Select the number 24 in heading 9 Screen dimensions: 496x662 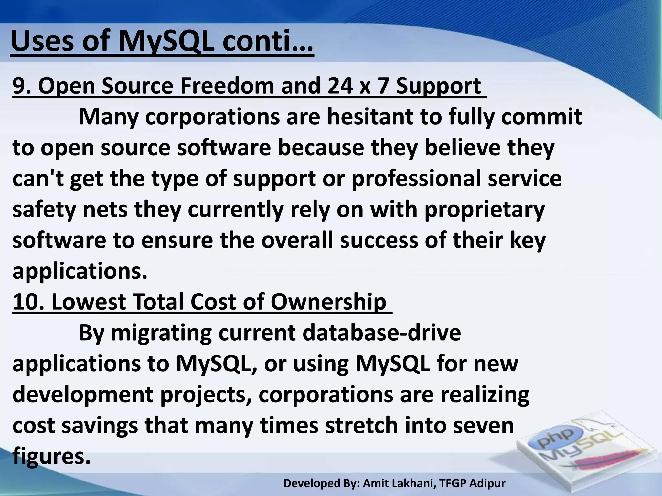(x=340, y=86)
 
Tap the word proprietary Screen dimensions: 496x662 (x=484, y=210)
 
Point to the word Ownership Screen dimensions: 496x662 (x=328, y=302)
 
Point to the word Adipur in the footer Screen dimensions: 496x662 (x=487, y=483)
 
